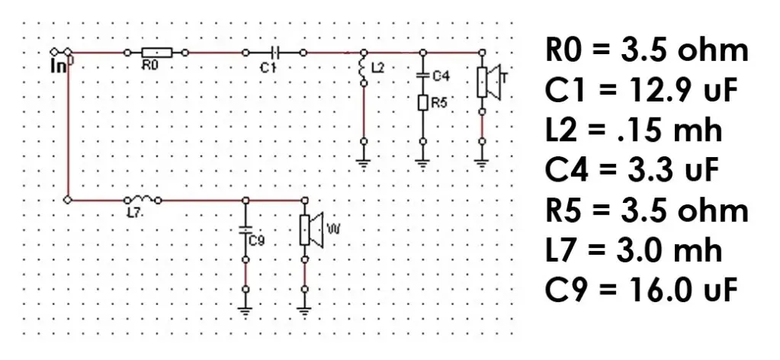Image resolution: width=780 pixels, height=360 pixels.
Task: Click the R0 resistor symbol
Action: pyautogui.click(x=157, y=53)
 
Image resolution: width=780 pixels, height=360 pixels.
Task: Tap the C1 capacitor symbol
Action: pyautogui.click(x=275, y=53)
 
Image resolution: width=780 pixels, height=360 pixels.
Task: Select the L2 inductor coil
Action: pyautogui.click(x=363, y=67)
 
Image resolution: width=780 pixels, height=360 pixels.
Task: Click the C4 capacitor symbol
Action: pyautogui.click(x=423, y=76)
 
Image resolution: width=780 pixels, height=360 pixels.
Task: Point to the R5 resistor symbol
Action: pyautogui.click(x=423, y=103)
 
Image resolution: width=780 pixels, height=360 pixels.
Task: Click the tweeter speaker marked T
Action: pyautogui.click(x=489, y=82)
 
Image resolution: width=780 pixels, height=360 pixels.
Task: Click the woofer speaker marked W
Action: pyautogui.click(x=311, y=229)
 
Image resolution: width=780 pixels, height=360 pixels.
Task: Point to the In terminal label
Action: pyautogui.click(x=58, y=66)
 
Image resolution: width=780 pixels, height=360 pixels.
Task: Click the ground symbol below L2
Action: pyautogui.click(x=364, y=163)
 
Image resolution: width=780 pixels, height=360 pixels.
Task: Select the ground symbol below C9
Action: pyautogui.click(x=246, y=312)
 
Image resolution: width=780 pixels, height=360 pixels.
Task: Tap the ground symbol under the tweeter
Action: pyautogui.click(x=482, y=163)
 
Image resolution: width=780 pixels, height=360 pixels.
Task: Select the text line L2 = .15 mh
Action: pyautogui.click(x=633, y=130)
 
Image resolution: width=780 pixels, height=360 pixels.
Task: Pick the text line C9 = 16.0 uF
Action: pyautogui.click(x=640, y=290)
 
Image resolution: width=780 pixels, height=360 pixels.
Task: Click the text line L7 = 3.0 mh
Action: pyautogui.click(x=634, y=249)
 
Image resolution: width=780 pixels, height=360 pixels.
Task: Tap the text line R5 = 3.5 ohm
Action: pyautogui.click(x=647, y=210)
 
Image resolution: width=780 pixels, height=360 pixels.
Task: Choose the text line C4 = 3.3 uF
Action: pyautogui.click(x=632, y=170)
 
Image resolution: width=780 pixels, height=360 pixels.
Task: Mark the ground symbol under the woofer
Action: pyautogui.click(x=304, y=312)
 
